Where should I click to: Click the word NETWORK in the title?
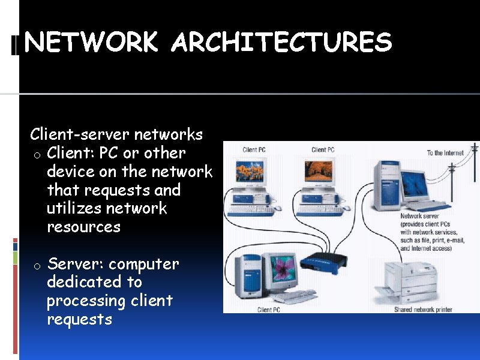(92, 43)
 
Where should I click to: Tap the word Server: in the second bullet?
(75, 264)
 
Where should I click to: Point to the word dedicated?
(94, 282)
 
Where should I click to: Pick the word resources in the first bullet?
(83, 227)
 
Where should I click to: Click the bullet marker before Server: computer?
(37, 266)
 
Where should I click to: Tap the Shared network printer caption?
(423, 310)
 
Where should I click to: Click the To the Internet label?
(445, 153)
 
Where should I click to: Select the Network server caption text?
(431, 232)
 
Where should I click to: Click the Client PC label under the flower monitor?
(268, 310)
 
